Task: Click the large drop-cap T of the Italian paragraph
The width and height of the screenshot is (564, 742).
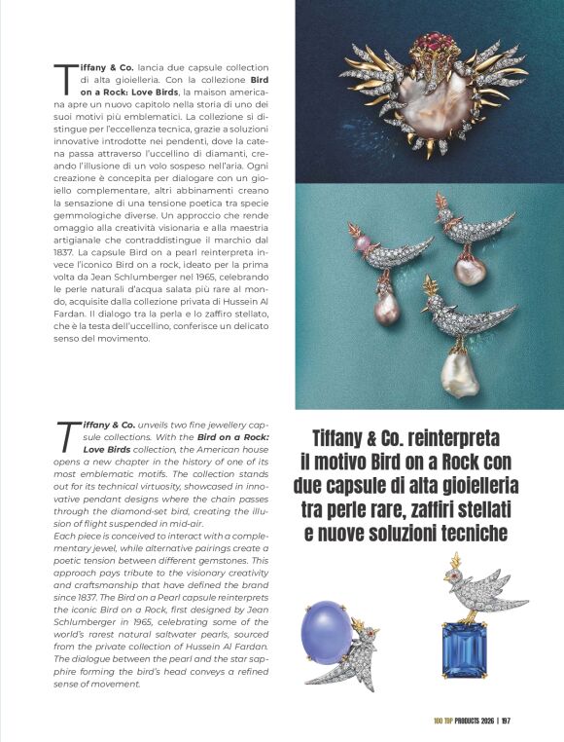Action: pos(65,77)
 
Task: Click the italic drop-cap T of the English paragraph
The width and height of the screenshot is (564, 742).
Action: pos(66,436)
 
